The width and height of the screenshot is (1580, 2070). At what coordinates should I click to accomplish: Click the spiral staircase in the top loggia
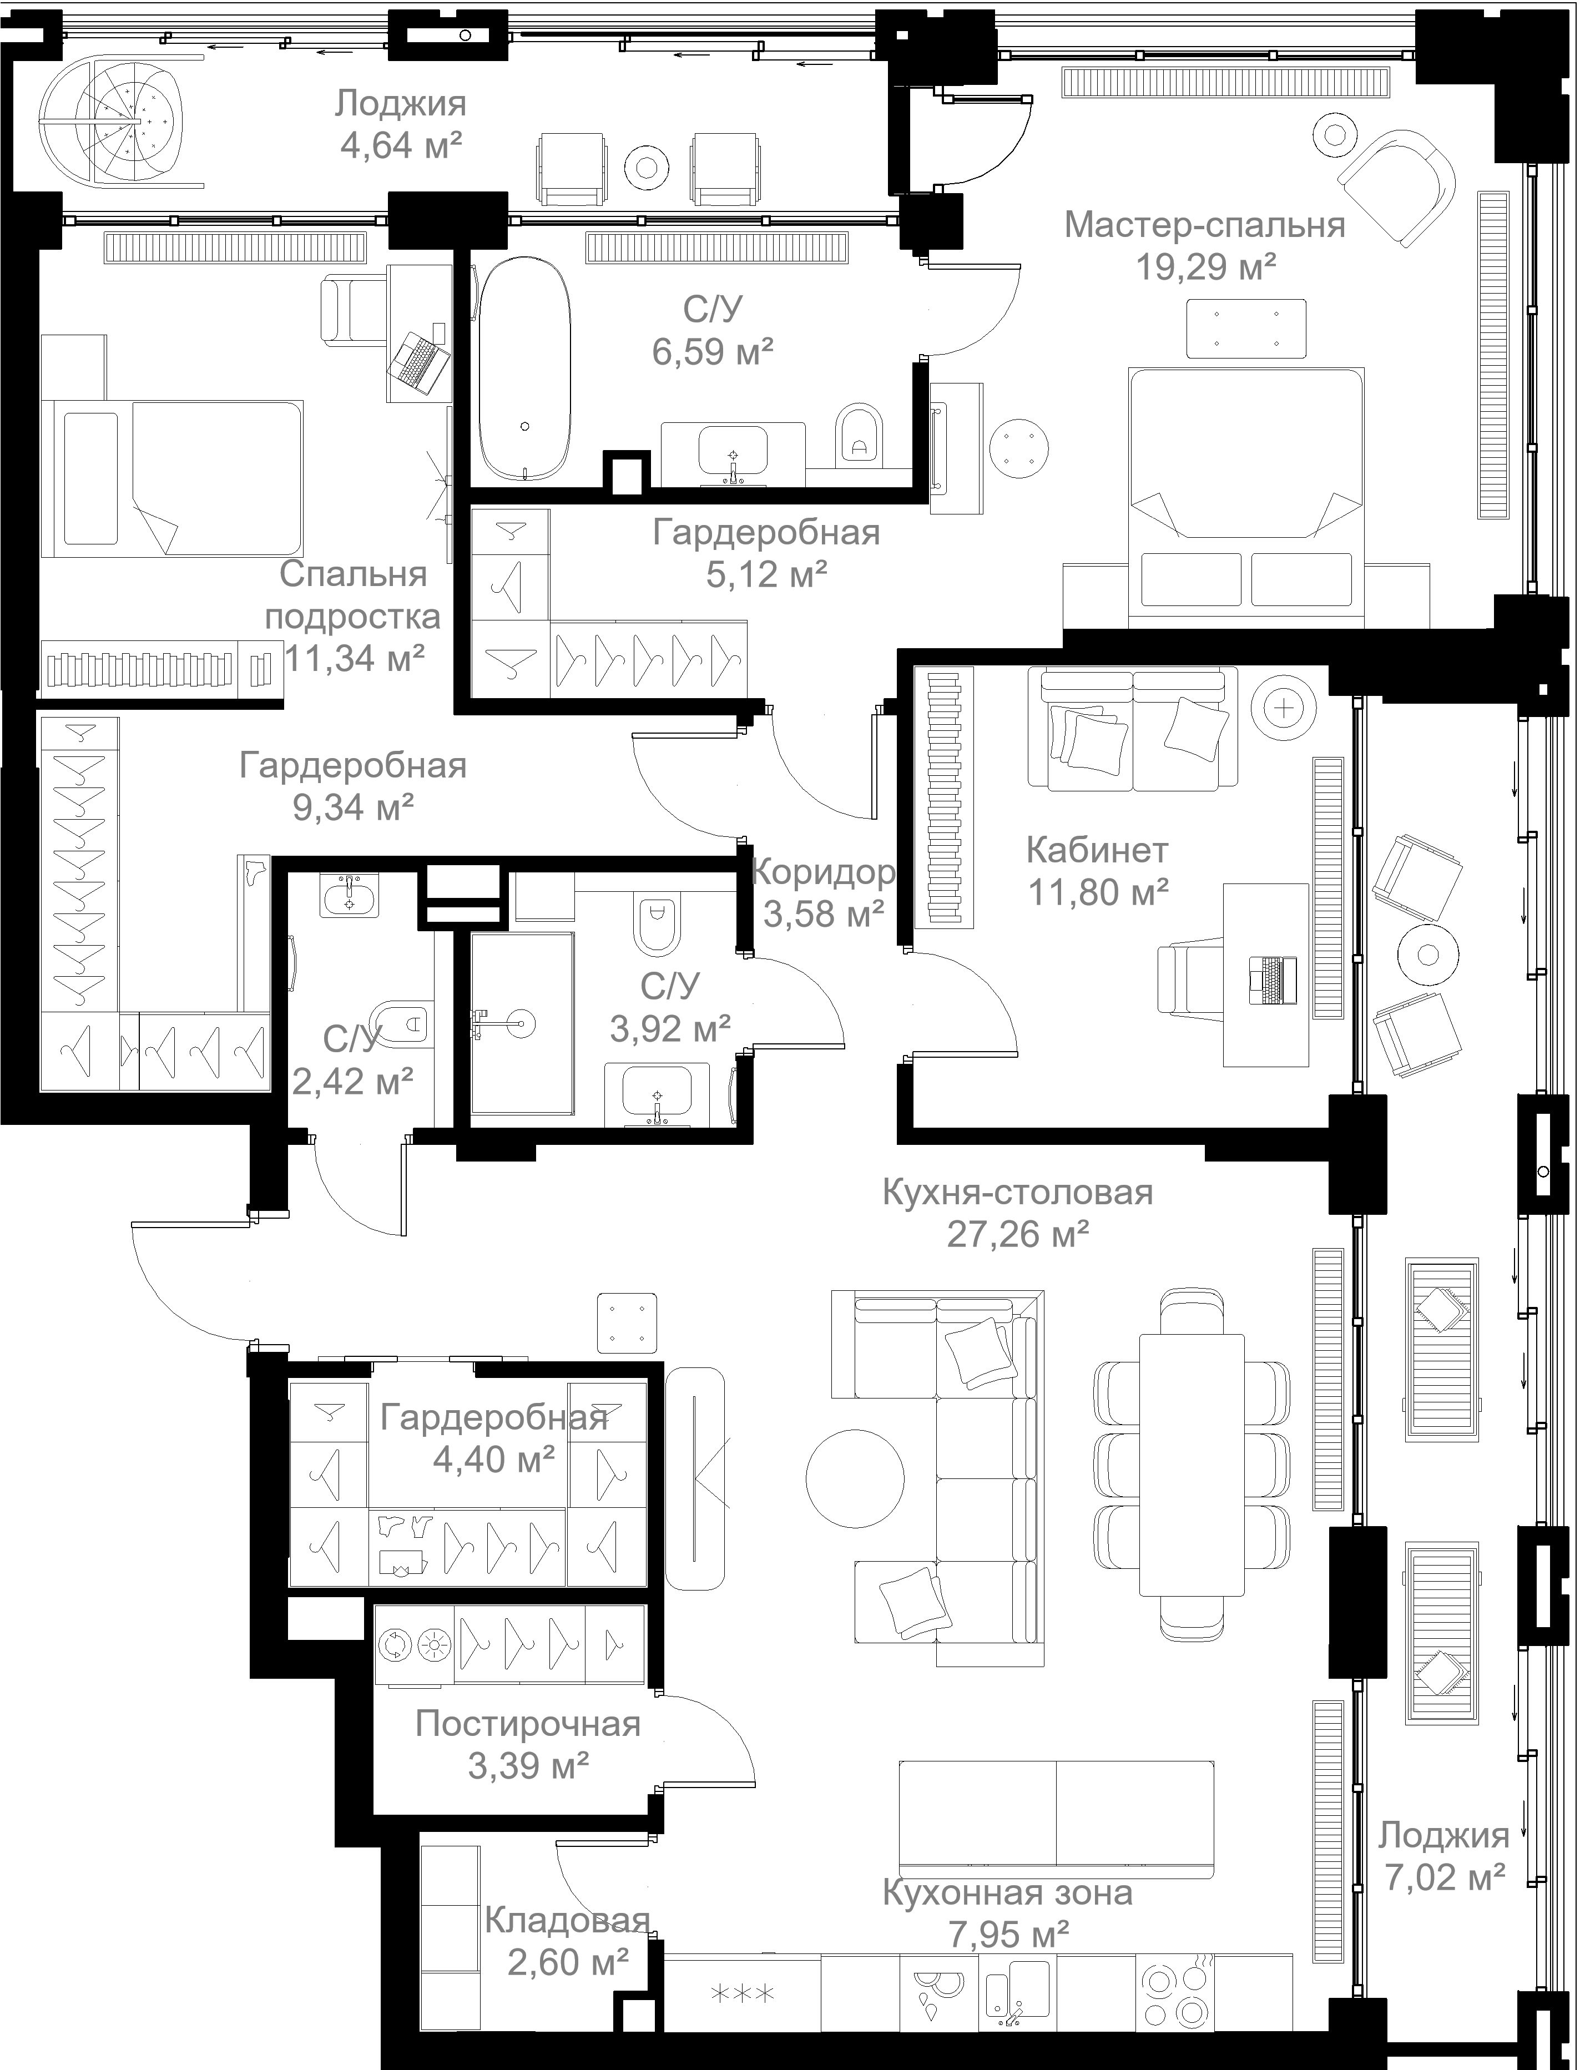(x=111, y=122)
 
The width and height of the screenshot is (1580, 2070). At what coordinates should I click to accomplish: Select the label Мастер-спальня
(x=1205, y=226)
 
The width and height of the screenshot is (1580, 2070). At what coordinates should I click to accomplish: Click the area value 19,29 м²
(x=1206, y=268)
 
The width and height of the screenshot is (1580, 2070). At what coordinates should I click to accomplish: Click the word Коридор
(x=823, y=873)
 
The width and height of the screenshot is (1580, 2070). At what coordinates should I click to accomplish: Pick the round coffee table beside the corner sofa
(x=855, y=1477)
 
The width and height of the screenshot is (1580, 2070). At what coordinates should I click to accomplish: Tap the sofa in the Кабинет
(x=1132, y=728)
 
